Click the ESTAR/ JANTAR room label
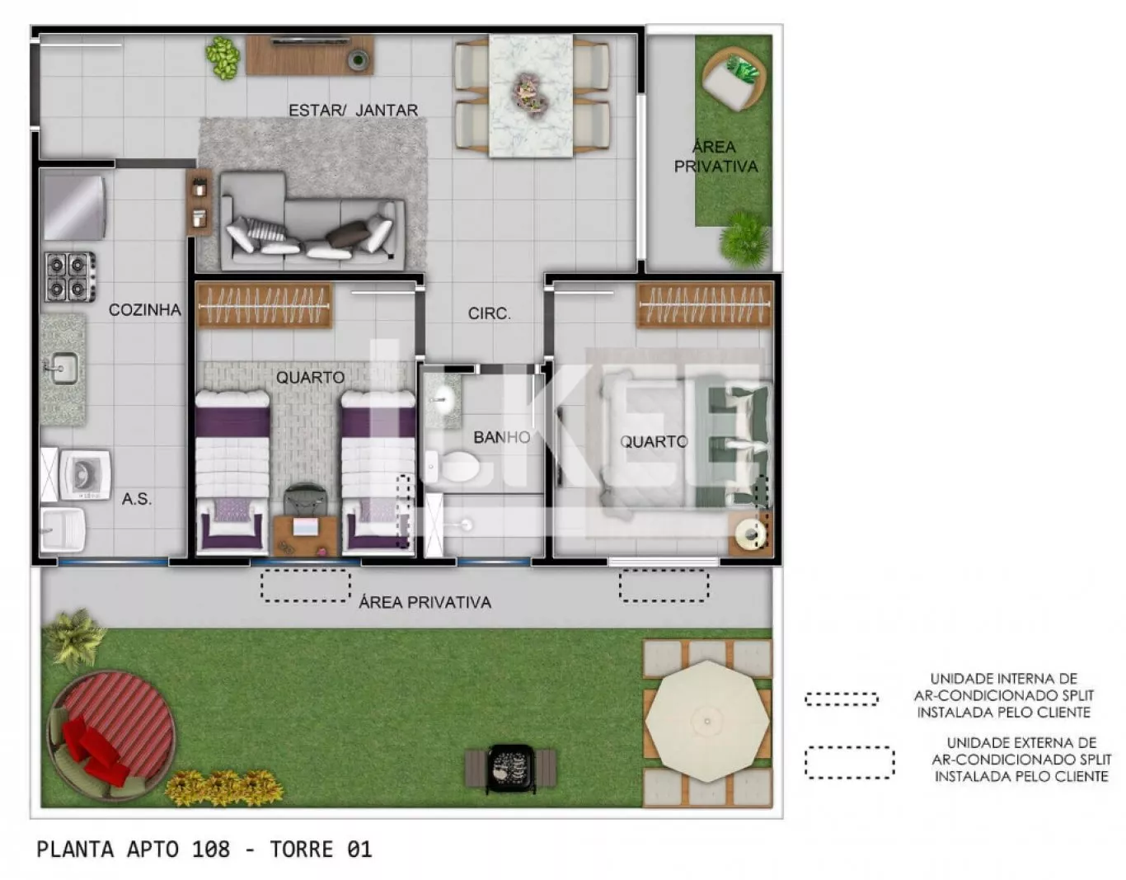(x=353, y=111)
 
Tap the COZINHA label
(x=145, y=310)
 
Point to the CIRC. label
(x=489, y=313)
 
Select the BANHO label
(x=502, y=437)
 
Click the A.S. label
(x=137, y=499)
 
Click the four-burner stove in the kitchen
(x=70, y=277)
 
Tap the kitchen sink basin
(x=63, y=369)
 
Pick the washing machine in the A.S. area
(x=85, y=475)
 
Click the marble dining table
(x=531, y=96)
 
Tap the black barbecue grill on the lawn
(x=511, y=768)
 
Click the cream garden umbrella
(x=707, y=721)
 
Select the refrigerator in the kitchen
(x=73, y=207)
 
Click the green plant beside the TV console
(x=223, y=58)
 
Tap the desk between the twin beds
(x=306, y=536)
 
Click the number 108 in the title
(x=211, y=849)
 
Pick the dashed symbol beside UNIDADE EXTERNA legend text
(x=849, y=762)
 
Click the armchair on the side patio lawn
(x=734, y=79)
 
